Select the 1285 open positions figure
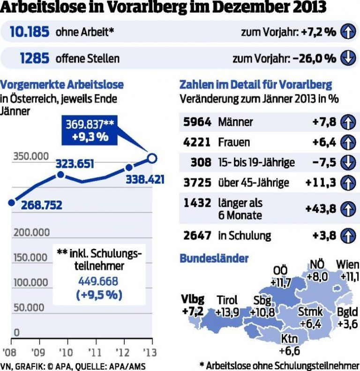35,58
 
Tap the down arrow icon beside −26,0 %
347,58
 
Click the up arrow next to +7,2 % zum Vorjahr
347,32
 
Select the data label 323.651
75,164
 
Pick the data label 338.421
145,179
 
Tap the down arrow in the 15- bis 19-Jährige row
347,162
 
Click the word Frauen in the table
234,142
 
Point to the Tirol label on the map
227,300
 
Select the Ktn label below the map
289,339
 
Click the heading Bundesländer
214,258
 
